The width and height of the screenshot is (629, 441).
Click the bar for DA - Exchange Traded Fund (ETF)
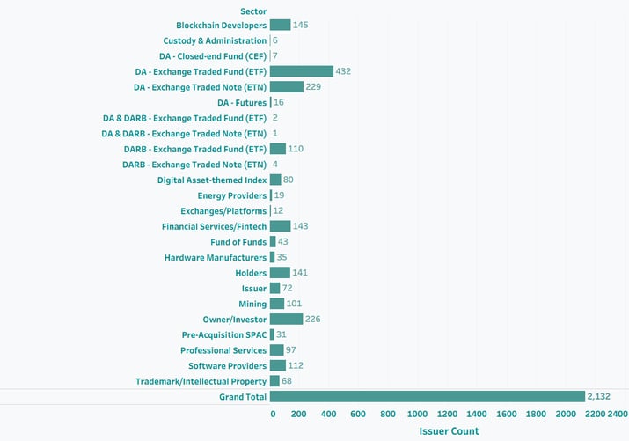pyautogui.click(x=302, y=71)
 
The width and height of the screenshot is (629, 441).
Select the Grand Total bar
pyautogui.click(x=428, y=397)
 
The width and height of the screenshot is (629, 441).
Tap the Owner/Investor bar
pyautogui.click(x=287, y=320)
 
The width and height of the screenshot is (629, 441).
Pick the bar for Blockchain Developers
pyautogui.click(x=281, y=26)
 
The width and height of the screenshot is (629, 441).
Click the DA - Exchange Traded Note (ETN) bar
pyautogui.click(x=287, y=87)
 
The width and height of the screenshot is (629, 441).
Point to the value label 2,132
pyautogui.click(x=599, y=397)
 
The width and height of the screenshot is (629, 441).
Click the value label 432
pyautogui.click(x=344, y=71)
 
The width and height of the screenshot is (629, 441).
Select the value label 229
pyautogui.click(x=314, y=87)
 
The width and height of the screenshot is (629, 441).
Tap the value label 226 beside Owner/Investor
pyautogui.click(x=314, y=320)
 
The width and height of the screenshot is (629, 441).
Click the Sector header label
pyautogui.click(x=252, y=11)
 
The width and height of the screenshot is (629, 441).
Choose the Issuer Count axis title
pyautogui.click(x=449, y=431)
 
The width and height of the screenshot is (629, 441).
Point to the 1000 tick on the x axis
pyautogui.click(x=419, y=414)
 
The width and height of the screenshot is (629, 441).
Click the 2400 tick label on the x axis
pyautogui.click(x=618, y=414)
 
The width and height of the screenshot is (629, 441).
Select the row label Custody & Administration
pyautogui.click(x=215, y=40)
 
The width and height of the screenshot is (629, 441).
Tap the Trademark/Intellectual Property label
pyautogui.click(x=201, y=381)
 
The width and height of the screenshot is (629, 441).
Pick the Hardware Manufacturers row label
pyautogui.click(x=216, y=258)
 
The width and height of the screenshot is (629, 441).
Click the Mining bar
pyautogui.click(x=277, y=304)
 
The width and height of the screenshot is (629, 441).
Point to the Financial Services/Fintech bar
pyautogui.click(x=281, y=226)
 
